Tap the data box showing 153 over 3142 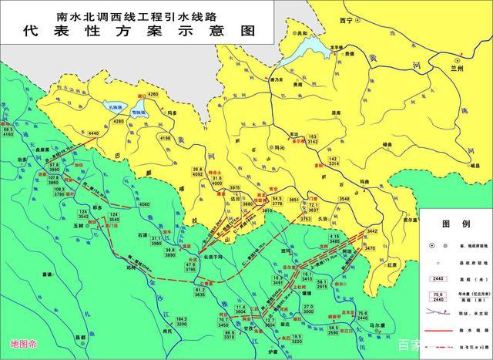pos(312,138)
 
